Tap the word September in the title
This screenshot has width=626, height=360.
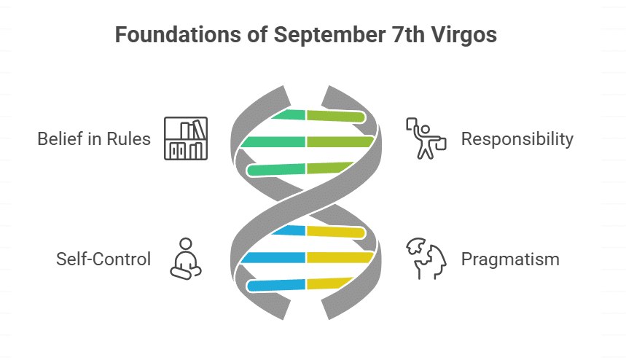coord(329,35)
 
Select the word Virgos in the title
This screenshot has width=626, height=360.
coord(464,36)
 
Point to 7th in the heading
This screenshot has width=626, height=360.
coord(408,34)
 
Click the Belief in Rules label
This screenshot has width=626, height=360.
coord(94,139)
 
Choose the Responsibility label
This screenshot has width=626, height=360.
coord(517,139)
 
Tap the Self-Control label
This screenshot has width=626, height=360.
coord(103,259)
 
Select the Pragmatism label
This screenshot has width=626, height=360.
coord(510,259)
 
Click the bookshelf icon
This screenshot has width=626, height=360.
coord(186,138)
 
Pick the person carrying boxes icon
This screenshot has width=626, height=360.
coord(426,138)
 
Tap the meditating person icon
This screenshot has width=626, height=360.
coord(186,259)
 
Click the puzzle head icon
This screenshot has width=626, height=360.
coord(426,259)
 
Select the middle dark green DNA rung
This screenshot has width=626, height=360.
coord(273,142)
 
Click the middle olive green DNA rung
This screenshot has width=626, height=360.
coord(340,142)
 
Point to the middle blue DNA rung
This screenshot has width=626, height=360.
coord(273,258)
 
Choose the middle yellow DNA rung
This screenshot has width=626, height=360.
coord(340,258)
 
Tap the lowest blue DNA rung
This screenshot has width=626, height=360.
coord(276,285)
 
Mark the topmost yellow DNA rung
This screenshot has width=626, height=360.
coord(336,232)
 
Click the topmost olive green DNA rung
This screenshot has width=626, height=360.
coord(336,116)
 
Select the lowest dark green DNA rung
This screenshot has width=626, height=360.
coord(276,169)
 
